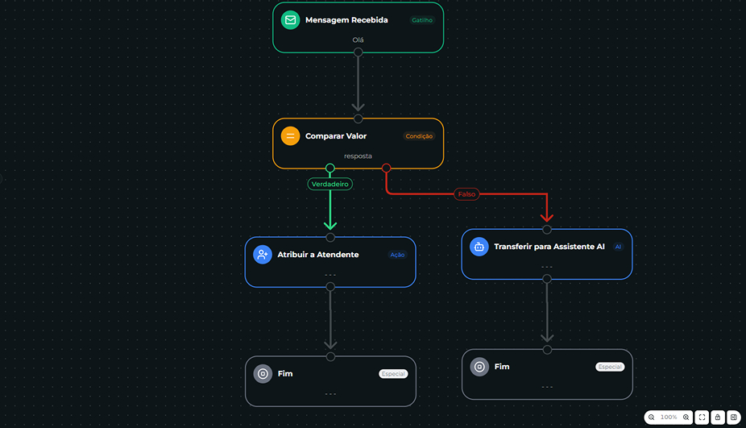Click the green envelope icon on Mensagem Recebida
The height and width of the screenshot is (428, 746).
[290, 20]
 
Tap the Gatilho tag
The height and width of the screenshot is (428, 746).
[422, 20]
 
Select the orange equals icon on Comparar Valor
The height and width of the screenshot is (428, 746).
[290, 136]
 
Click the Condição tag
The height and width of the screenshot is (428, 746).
[419, 136]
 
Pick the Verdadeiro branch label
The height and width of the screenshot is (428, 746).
[330, 184]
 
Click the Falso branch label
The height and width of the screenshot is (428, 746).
[466, 194]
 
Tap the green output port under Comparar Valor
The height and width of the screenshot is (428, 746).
[330, 168]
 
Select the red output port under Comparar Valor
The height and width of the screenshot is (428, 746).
[387, 168]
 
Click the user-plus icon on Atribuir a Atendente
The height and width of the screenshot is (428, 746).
[263, 255]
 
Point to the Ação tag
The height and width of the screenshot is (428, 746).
[397, 255]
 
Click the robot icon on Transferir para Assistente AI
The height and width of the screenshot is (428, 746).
[479, 247]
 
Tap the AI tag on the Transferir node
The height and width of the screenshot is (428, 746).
[618, 247]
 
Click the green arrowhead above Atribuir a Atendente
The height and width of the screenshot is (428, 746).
[330, 225]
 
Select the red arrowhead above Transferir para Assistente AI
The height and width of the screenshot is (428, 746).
[547, 218]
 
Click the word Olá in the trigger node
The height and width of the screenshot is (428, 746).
[358, 40]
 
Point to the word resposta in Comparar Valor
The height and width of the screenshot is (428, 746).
[358, 156]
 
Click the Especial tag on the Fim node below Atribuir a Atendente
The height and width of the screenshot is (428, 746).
[393, 374]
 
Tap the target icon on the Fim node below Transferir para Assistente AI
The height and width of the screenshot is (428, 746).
[479, 367]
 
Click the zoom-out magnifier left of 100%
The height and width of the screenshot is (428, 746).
[652, 418]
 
